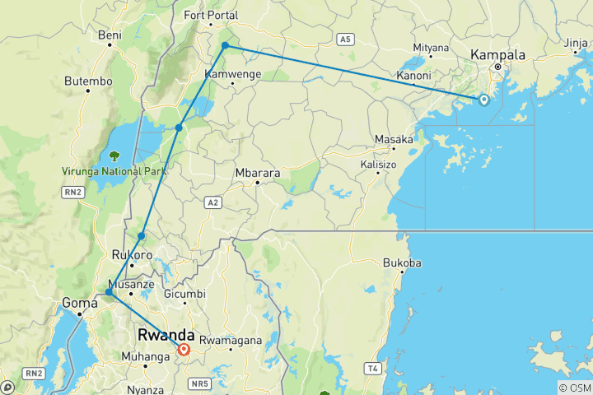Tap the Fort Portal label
point(212,16)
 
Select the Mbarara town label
point(258,173)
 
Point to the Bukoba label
point(403,263)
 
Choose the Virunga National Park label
point(114,171)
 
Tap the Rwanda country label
point(166,336)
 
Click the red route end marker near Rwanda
point(184,350)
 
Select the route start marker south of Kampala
point(483,100)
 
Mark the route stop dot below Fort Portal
point(225,46)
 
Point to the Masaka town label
point(394,140)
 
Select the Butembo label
point(88,81)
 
